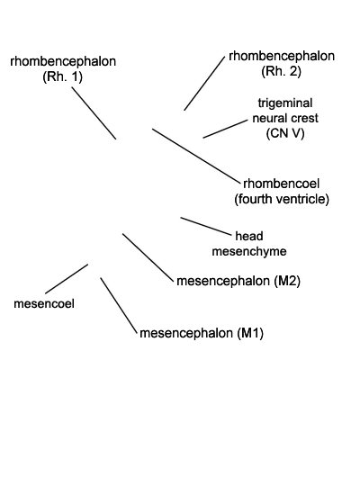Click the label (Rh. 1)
pos(62,76)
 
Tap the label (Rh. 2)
pos(281,71)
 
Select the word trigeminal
pos(285,103)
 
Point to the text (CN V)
pos(285,133)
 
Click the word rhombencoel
pos(282,184)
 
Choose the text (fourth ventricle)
pos(282,199)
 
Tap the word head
pos(249,236)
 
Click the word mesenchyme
pos(249,251)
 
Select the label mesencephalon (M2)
pos(238,281)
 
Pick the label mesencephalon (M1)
pos(202,333)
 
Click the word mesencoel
pos(44,303)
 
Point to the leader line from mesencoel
pos(67,279)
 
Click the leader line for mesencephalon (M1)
pos(120,305)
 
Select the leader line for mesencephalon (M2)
pos(148,257)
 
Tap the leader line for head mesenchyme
pos(206,226)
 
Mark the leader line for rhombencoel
pos(196,156)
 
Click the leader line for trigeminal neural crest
pos(226,129)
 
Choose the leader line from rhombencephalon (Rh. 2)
pos(204,84)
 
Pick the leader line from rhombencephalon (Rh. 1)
pos(94,113)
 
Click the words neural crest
pos(285,119)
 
